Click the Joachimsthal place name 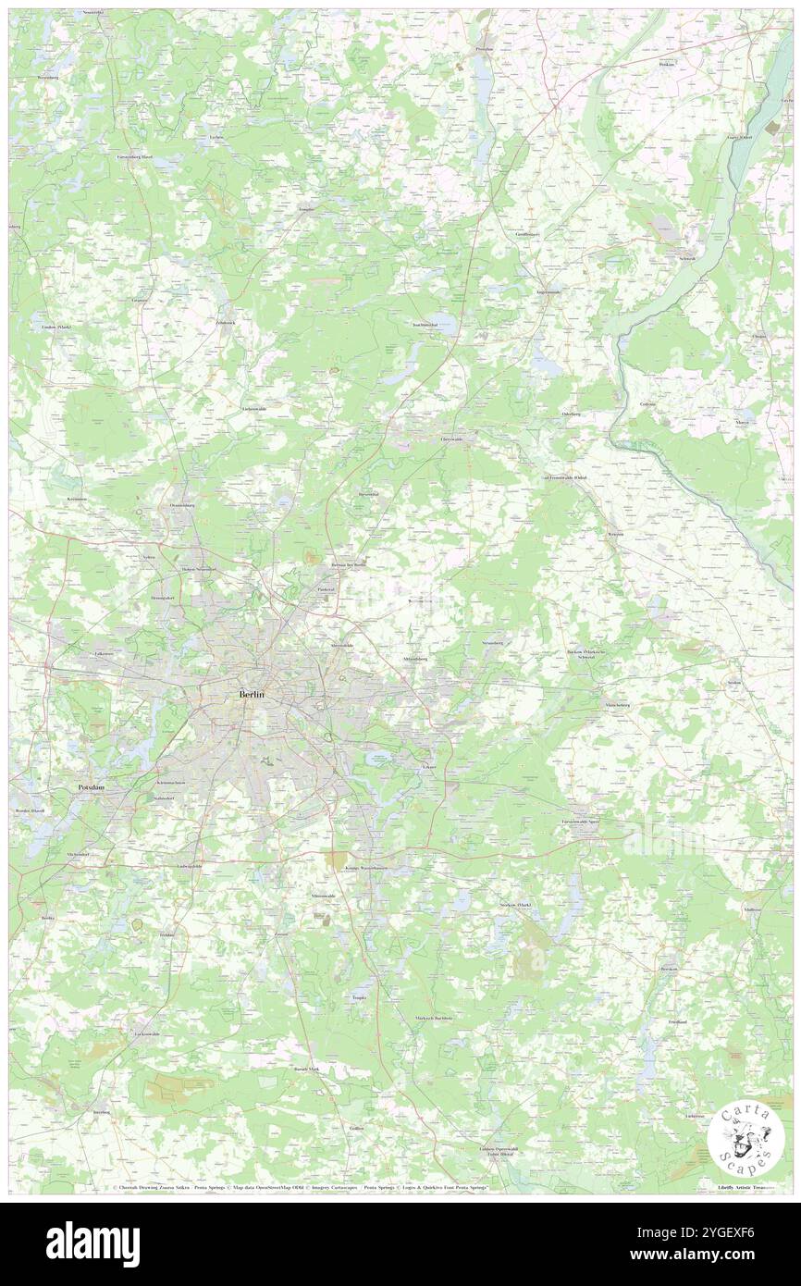pyautogui.click(x=431, y=325)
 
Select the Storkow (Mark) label pyautogui.click(x=517, y=904)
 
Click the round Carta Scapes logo pyautogui.click(x=746, y=1139)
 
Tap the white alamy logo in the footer pyautogui.click(x=92, y=1244)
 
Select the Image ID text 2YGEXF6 pyautogui.click(x=729, y=1233)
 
